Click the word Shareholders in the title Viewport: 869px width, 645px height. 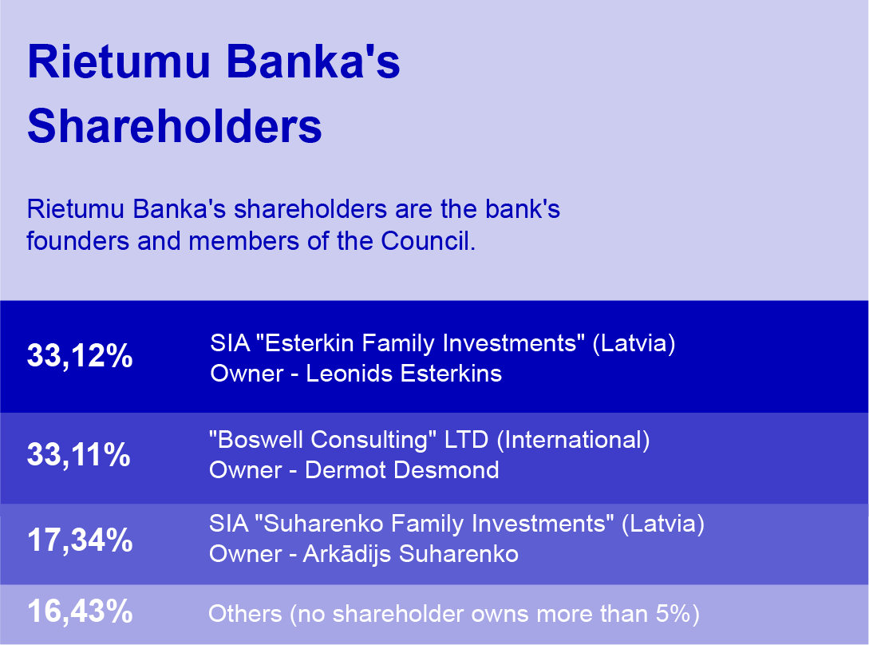click(x=175, y=126)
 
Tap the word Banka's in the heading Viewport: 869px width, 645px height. click(x=313, y=61)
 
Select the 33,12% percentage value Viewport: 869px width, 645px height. click(x=80, y=355)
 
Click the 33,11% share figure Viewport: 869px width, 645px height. click(x=79, y=455)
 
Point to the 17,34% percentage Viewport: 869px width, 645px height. click(x=80, y=540)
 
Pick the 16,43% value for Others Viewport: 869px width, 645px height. click(x=80, y=611)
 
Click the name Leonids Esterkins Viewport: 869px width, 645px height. click(x=404, y=374)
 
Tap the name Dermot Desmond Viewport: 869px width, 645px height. click(x=402, y=469)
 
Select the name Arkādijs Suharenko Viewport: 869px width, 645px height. click(x=411, y=553)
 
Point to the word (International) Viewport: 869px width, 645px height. click(x=573, y=440)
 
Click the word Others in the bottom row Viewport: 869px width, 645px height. click(x=245, y=614)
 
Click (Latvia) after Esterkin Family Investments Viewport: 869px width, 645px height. click(x=634, y=343)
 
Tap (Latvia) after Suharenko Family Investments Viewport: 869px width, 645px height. click(x=663, y=524)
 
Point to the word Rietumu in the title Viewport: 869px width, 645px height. click(x=119, y=61)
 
